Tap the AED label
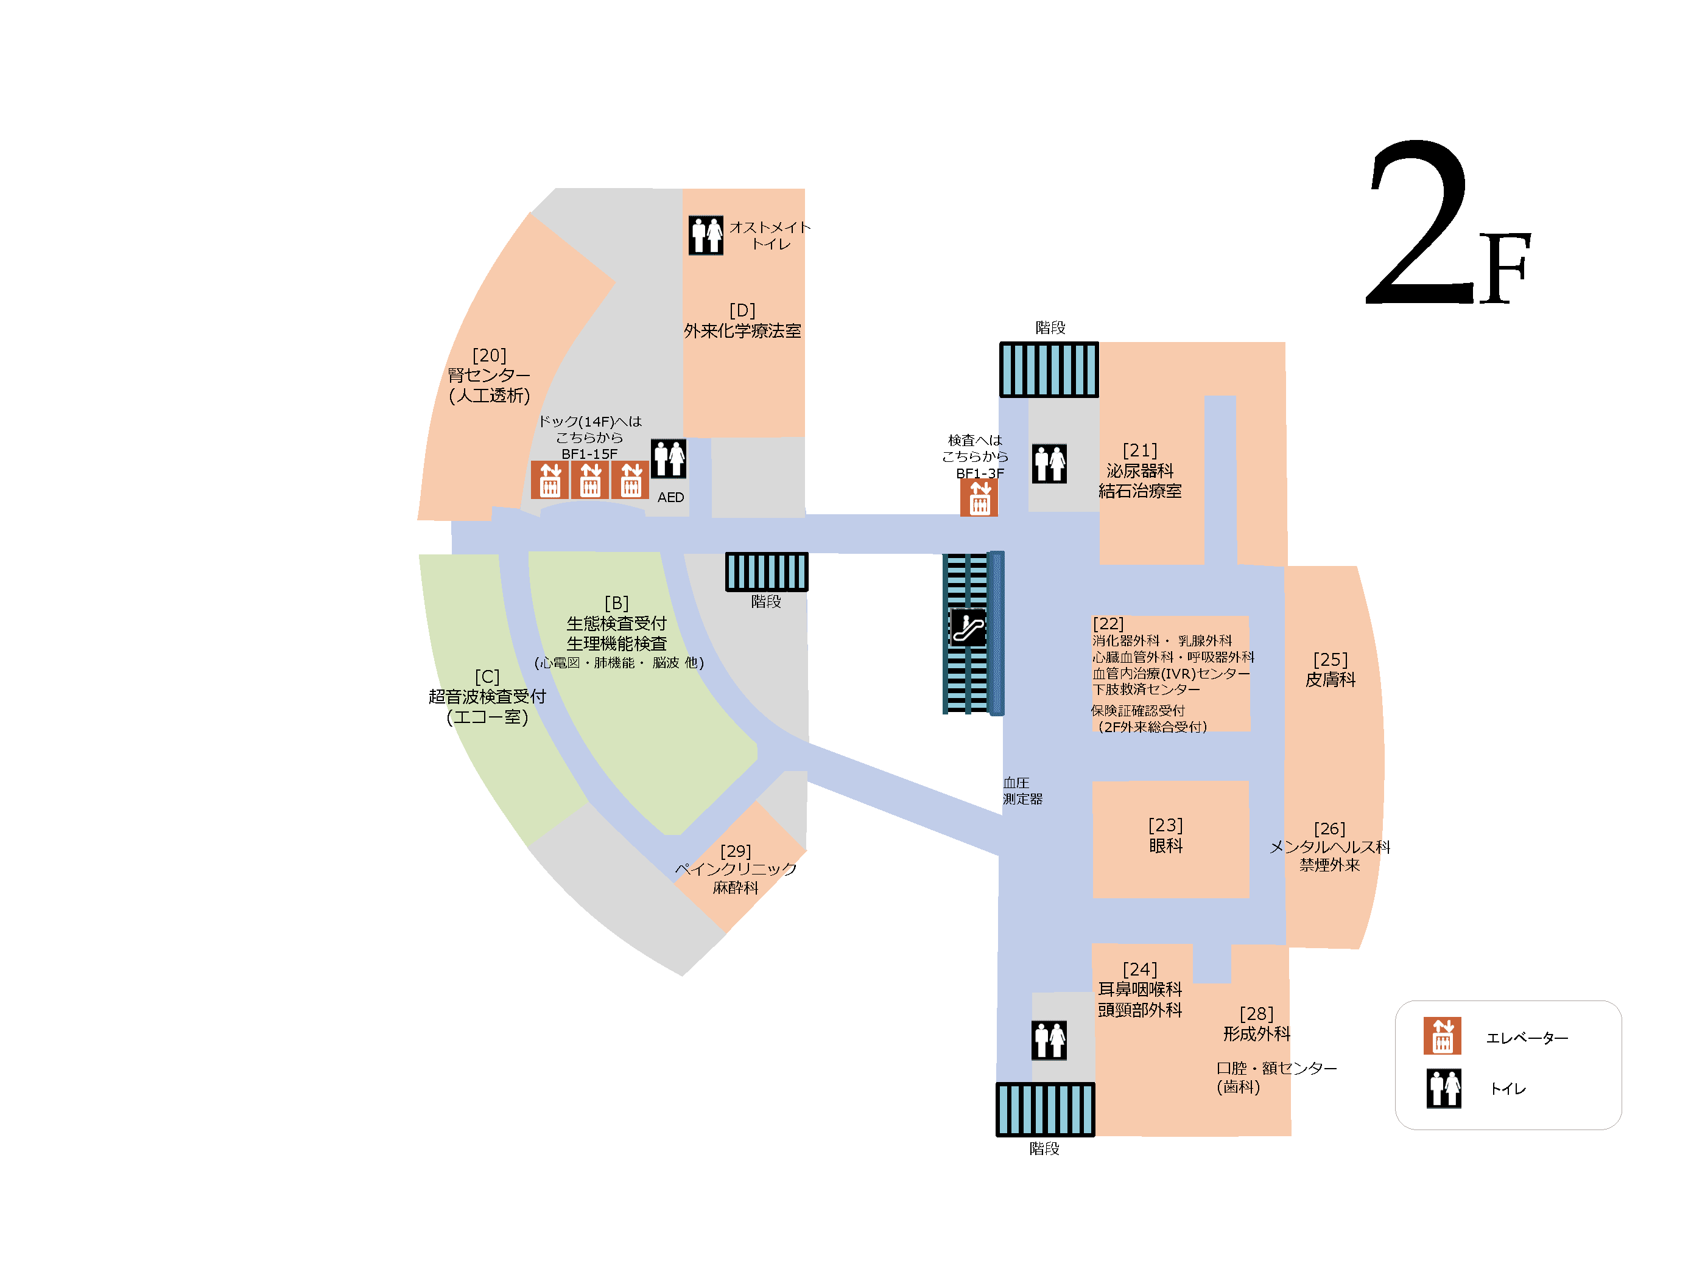click(x=670, y=498)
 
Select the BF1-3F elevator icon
click(x=979, y=498)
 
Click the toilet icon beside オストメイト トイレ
click(x=706, y=235)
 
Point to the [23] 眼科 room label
click(x=1165, y=835)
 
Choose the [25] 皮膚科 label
click(x=1331, y=669)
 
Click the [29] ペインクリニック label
click(x=736, y=870)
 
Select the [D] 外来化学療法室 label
click(x=742, y=321)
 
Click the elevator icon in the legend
click(x=1442, y=1036)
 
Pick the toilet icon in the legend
click(x=1444, y=1089)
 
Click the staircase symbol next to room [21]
click(x=1049, y=370)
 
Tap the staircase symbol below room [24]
click(x=1045, y=1109)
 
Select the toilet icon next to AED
click(x=668, y=459)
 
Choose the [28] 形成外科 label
click(x=1256, y=1024)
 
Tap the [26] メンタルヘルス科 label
click(x=1330, y=847)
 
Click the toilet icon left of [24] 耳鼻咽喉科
click(x=1049, y=1040)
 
